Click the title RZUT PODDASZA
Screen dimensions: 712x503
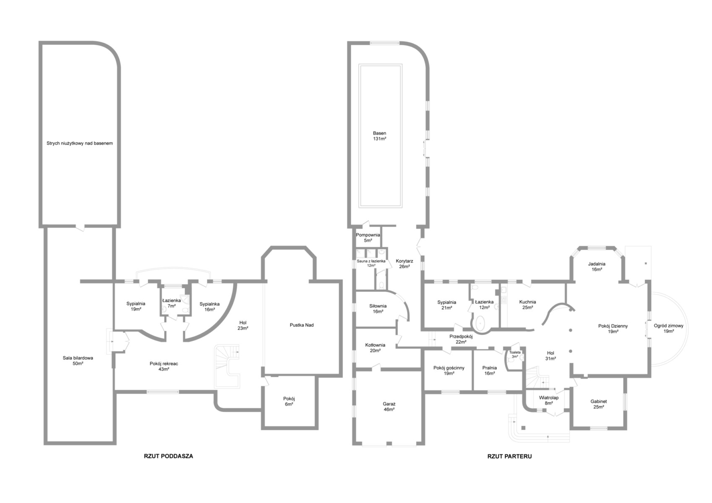169,456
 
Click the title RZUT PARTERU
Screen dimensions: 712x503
509,456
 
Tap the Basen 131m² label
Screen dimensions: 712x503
380,136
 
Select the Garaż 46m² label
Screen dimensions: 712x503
389,407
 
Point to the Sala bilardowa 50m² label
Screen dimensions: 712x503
78,361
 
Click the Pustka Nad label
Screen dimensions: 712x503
302,325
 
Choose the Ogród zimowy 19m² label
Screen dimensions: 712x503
668,328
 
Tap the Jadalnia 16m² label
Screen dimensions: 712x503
597,267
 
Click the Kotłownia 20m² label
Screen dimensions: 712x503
375,348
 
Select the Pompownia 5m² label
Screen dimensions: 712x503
368,238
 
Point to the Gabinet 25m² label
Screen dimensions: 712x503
599,404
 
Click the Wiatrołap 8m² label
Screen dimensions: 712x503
549,400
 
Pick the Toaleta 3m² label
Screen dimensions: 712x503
515,354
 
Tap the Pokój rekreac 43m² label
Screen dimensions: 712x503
164,366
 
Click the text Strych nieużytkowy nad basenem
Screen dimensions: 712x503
79,143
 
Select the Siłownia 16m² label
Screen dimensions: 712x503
378,309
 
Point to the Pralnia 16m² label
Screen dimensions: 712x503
490,371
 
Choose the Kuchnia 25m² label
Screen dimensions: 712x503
528,305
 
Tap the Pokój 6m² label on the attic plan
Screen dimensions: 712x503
289,402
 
